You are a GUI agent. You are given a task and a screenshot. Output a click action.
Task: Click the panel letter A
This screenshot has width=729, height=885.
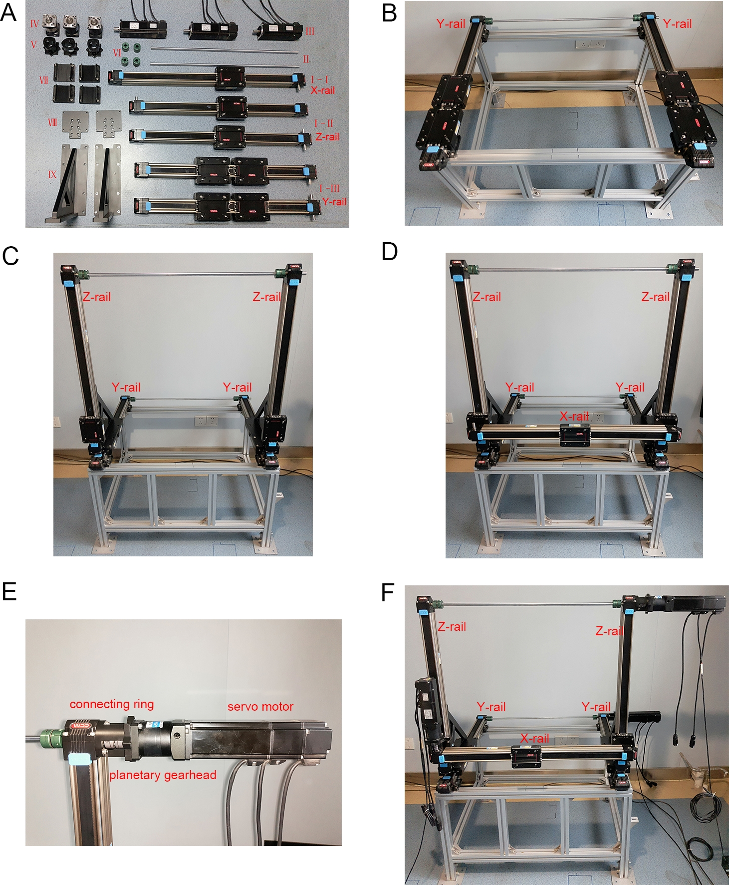pyautogui.click(x=8, y=12)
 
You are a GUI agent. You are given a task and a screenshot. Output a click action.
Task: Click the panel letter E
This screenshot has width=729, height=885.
pyautogui.click(x=9, y=591)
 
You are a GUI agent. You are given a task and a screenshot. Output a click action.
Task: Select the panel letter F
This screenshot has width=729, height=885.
pyautogui.click(x=388, y=593)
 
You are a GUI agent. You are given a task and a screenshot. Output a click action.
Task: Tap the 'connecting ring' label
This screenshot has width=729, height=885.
pyautogui.click(x=112, y=704)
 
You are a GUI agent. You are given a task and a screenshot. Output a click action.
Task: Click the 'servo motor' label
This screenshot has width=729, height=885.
pyautogui.click(x=260, y=707)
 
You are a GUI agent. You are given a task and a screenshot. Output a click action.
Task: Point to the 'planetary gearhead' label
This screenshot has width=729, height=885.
pyautogui.click(x=163, y=775)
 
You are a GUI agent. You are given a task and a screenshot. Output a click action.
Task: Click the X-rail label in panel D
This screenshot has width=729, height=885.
pyautogui.click(x=574, y=416)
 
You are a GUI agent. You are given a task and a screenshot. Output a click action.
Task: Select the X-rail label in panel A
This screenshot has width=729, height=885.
pyautogui.click(x=323, y=90)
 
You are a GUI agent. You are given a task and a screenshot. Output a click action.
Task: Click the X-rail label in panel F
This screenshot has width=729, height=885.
pyautogui.click(x=534, y=738)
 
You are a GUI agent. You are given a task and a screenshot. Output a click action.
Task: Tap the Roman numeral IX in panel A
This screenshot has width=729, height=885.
pyautogui.click(x=52, y=175)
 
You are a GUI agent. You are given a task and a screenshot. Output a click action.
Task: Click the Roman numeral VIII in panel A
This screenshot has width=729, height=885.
pyautogui.click(x=52, y=122)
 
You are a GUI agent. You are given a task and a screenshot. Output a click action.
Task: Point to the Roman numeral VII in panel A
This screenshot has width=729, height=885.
pyautogui.click(x=44, y=80)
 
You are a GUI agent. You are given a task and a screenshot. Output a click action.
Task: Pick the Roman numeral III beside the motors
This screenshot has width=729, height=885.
pyautogui.click(x=310, y=31)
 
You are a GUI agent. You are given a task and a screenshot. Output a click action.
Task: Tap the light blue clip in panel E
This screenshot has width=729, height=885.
pyautogui.click(x=79, y=759)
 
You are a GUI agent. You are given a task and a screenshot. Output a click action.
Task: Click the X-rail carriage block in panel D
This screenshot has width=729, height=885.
pyautogui.click(x=575, y=435)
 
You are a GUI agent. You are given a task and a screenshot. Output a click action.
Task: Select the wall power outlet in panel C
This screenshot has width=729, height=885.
pyautogui.click(x=206, y=422)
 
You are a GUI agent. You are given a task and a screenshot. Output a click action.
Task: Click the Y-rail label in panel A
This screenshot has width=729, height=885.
pyautogui.click(x=334, y=202)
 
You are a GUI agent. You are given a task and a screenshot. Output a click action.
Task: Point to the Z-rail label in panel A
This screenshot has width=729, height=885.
pyautogui.click(x=327, y=136)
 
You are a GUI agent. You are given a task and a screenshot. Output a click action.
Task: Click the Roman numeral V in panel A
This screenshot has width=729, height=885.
pyautogui.click(x=34, y=45)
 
